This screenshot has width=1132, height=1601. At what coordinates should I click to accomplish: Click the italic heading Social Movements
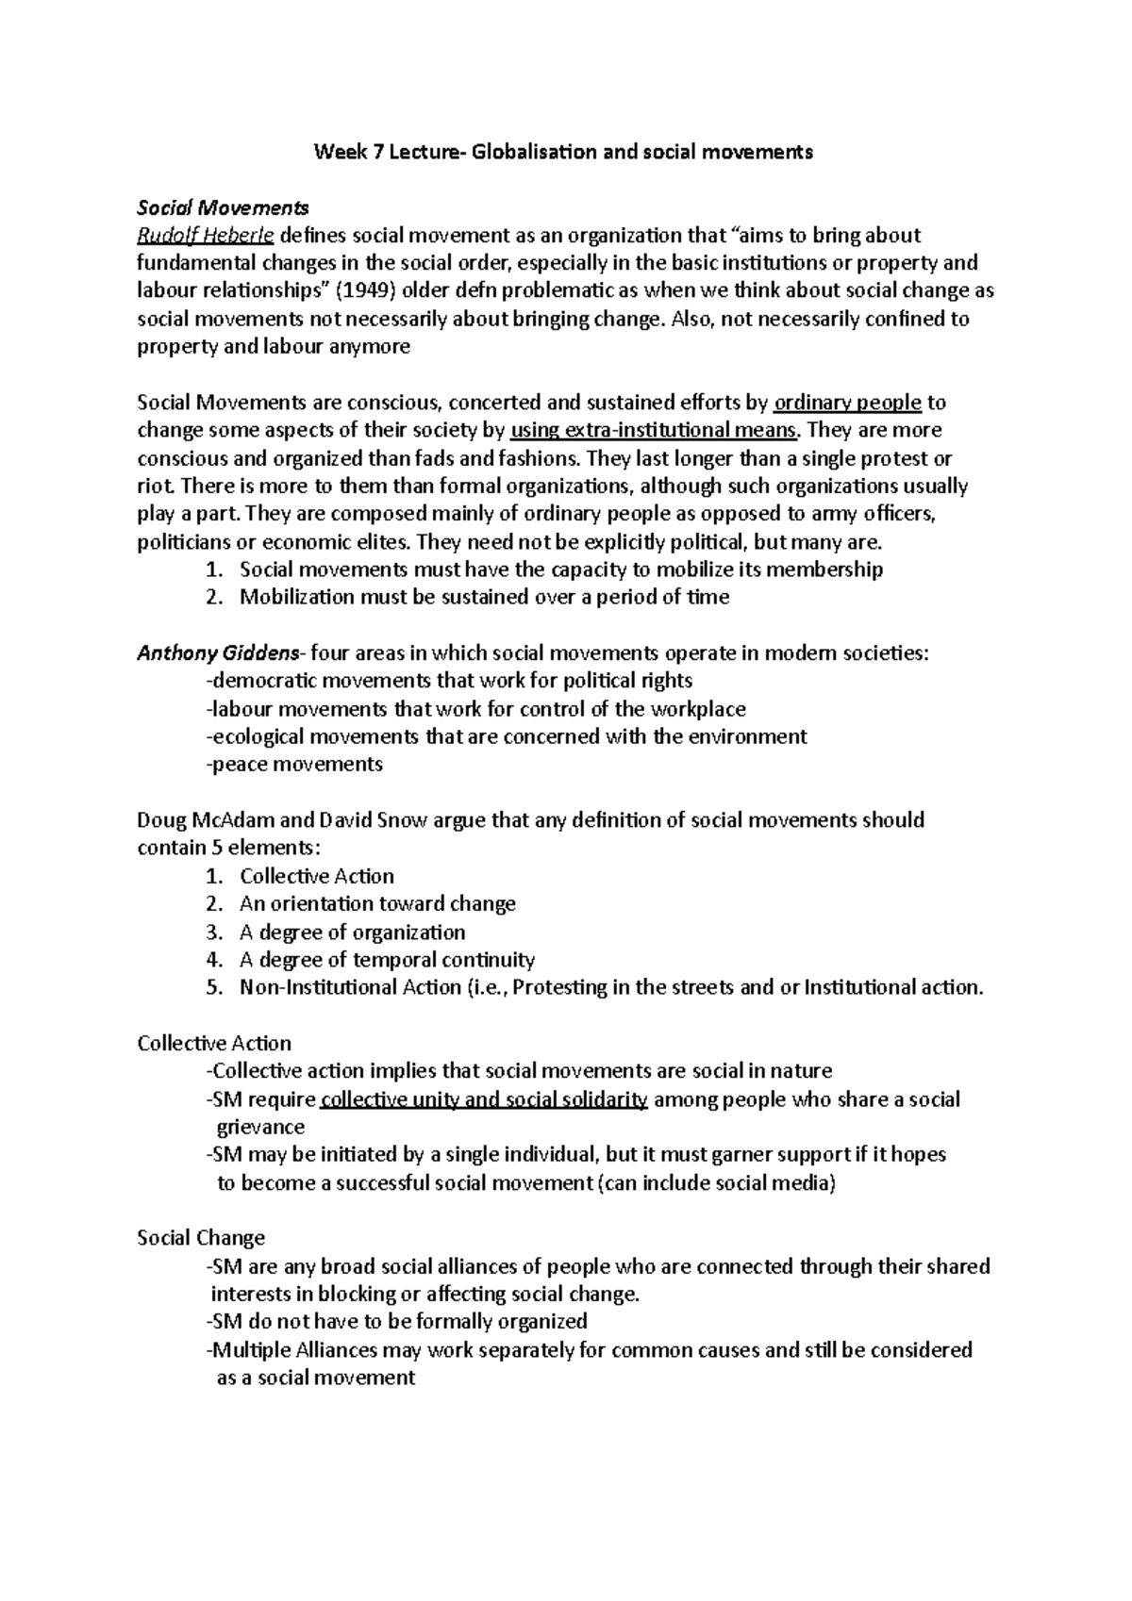223,207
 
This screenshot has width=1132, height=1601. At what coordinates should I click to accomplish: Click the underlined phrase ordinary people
846,403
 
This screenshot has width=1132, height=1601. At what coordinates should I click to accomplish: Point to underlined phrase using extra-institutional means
654,430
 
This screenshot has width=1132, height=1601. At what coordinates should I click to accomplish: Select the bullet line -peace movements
293,764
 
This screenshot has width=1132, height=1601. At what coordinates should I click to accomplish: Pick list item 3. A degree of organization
351,932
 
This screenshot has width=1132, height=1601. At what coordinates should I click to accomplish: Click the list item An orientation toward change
377,903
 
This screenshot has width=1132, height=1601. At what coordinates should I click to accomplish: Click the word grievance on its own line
260,1127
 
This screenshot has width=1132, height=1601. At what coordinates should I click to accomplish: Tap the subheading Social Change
201,1238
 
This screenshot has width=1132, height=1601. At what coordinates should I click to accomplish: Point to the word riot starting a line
155,487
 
